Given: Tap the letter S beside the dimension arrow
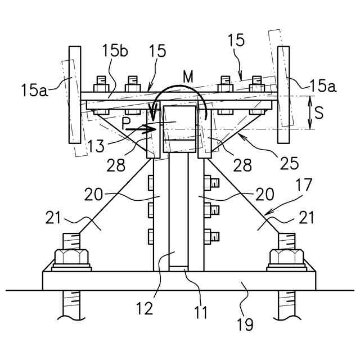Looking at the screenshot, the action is pos(319,112).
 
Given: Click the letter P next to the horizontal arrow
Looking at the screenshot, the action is pos(126,123).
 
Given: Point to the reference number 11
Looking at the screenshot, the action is pos(200,312).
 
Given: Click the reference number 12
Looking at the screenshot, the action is pos(145,308).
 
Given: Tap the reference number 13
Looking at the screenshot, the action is pos(96,146).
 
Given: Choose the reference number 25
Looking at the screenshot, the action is pos(289,163).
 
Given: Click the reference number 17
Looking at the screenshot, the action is pos(304,185).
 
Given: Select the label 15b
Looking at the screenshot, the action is pos(115,51).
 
